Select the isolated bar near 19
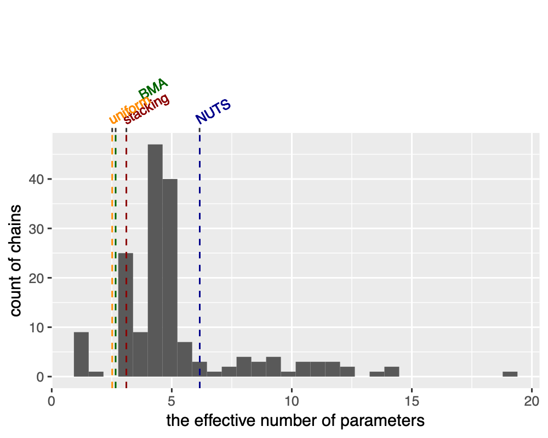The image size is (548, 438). (x=510, y=374)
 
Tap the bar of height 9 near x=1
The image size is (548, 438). (x=81, y=354)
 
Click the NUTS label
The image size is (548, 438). (x=213, y=112)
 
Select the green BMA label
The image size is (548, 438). (x=153, y=89)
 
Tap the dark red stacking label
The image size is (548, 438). (x=147, y=109)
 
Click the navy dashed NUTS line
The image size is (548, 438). (x=199, y=246)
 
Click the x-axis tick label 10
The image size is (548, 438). (x=292, y=400)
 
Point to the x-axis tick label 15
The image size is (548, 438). (x=412, y=400)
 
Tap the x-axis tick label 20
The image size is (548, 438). (x=532, y=400)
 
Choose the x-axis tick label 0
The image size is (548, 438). (x=52, y=400)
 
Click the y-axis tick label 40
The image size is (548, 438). (x=36, y=179)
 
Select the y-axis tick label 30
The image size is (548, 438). (x=36, y=228)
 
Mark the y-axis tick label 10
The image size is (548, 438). (x=36, y=327)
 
